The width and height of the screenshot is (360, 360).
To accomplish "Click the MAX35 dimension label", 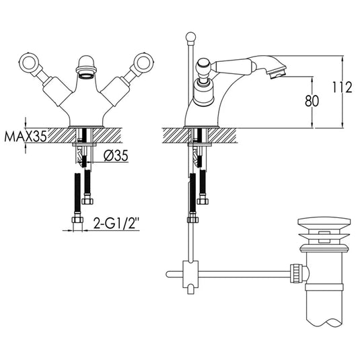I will tap(26, 136).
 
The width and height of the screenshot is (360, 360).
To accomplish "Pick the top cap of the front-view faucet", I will tap(87, 64).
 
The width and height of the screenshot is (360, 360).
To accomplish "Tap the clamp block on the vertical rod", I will tap(192, 275).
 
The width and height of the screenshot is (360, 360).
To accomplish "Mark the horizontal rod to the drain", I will tap(242, 273).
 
